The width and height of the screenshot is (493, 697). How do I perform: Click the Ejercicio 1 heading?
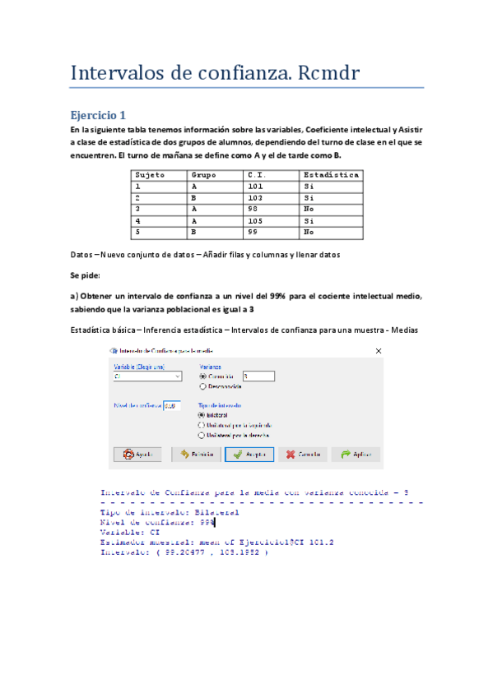(99, 115)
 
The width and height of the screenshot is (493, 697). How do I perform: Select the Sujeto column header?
(150, 175)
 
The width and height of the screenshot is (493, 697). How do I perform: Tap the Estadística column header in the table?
(330, 175)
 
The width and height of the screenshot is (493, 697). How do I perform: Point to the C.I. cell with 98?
(253, 210)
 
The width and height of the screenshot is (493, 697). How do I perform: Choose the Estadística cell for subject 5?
(308, 233)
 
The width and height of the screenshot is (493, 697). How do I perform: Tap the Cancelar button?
(301, 454)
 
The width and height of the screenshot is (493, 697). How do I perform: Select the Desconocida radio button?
(202, 385)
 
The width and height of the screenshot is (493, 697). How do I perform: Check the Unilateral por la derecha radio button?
(202, 435)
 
